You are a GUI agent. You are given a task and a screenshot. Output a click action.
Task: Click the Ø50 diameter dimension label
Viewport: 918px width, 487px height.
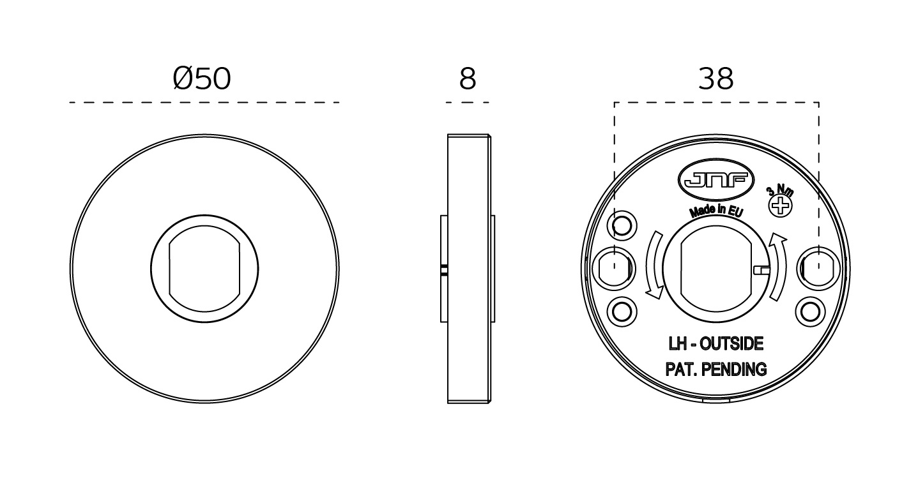point(202,79)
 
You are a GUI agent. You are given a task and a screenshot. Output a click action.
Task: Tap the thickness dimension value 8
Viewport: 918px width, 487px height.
point(468,79)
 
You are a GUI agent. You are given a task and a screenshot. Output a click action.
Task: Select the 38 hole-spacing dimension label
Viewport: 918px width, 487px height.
point(716,79)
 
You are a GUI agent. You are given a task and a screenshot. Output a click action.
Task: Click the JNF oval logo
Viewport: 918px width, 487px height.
point(716,180)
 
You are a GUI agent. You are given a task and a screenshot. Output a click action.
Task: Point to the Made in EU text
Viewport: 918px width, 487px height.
point(716,210)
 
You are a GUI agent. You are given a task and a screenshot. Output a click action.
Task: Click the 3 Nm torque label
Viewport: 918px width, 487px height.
point(780,190)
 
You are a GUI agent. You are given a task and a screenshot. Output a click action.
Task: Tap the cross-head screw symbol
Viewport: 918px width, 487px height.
point(780,206)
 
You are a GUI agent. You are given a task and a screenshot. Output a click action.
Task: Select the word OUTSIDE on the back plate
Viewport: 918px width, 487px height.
point(731,343)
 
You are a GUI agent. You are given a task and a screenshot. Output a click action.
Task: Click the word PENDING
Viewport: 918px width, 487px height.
point(734,370)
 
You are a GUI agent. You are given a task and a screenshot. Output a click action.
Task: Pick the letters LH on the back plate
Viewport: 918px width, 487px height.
point(677,343)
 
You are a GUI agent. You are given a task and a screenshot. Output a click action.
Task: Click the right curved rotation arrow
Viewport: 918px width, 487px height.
point(778,267)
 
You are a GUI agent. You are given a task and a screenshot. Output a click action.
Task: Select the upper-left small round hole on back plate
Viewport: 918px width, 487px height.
point(622,225)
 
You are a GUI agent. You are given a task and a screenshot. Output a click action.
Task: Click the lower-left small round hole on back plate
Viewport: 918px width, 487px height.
point(622,312)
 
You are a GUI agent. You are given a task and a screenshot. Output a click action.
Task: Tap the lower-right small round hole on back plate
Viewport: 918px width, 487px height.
point(810,312)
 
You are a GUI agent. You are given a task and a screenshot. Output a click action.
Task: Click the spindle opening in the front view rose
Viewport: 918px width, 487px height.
point(204,269)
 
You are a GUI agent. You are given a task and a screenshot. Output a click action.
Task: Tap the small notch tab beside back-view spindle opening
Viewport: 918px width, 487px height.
point(761,270)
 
